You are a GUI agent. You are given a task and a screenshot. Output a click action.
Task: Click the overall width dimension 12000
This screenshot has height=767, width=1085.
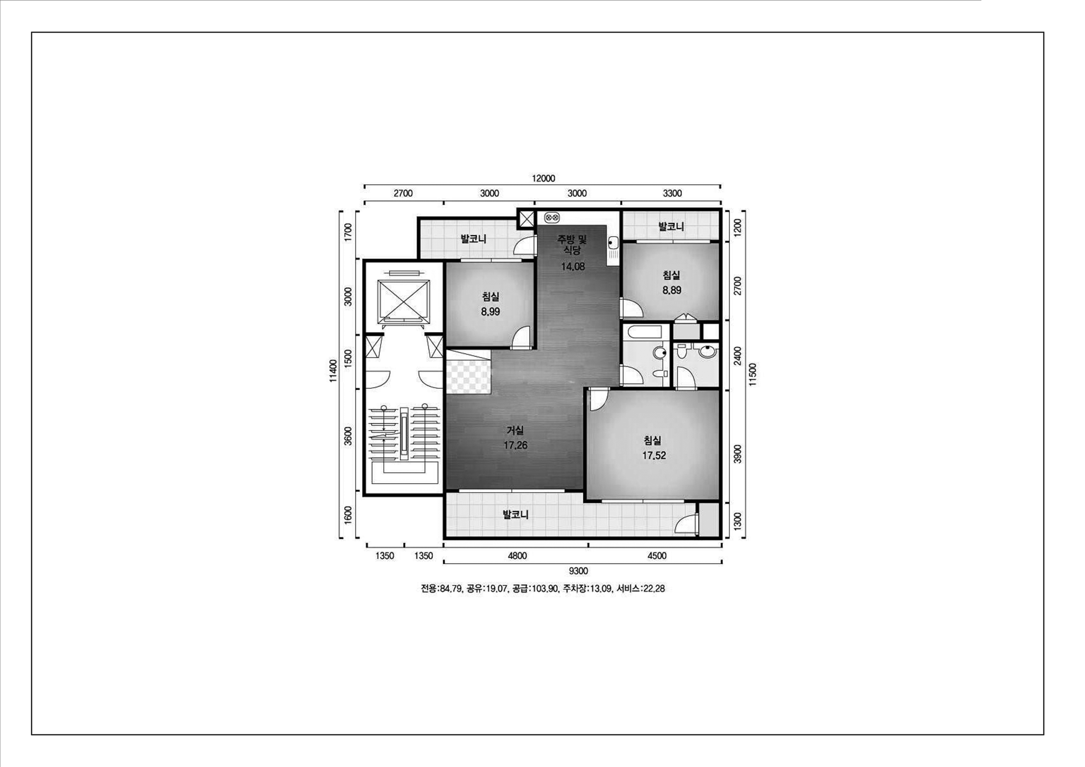(543, 179)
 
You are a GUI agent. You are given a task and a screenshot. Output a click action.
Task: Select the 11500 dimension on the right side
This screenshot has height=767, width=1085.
(752, 374)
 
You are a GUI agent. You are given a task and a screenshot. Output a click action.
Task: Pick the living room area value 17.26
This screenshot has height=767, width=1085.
(515, 445)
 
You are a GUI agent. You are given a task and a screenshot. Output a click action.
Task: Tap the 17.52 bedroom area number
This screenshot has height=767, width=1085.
(653, 456)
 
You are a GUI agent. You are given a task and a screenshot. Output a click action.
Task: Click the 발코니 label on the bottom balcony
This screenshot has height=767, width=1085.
(515, 515)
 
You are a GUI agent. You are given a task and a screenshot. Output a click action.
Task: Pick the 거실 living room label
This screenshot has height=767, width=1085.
(515, 431)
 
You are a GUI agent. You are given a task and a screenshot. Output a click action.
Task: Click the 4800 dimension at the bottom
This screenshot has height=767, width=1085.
(517, 556)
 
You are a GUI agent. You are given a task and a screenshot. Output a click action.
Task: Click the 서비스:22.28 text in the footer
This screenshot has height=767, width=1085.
(641, 589)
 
